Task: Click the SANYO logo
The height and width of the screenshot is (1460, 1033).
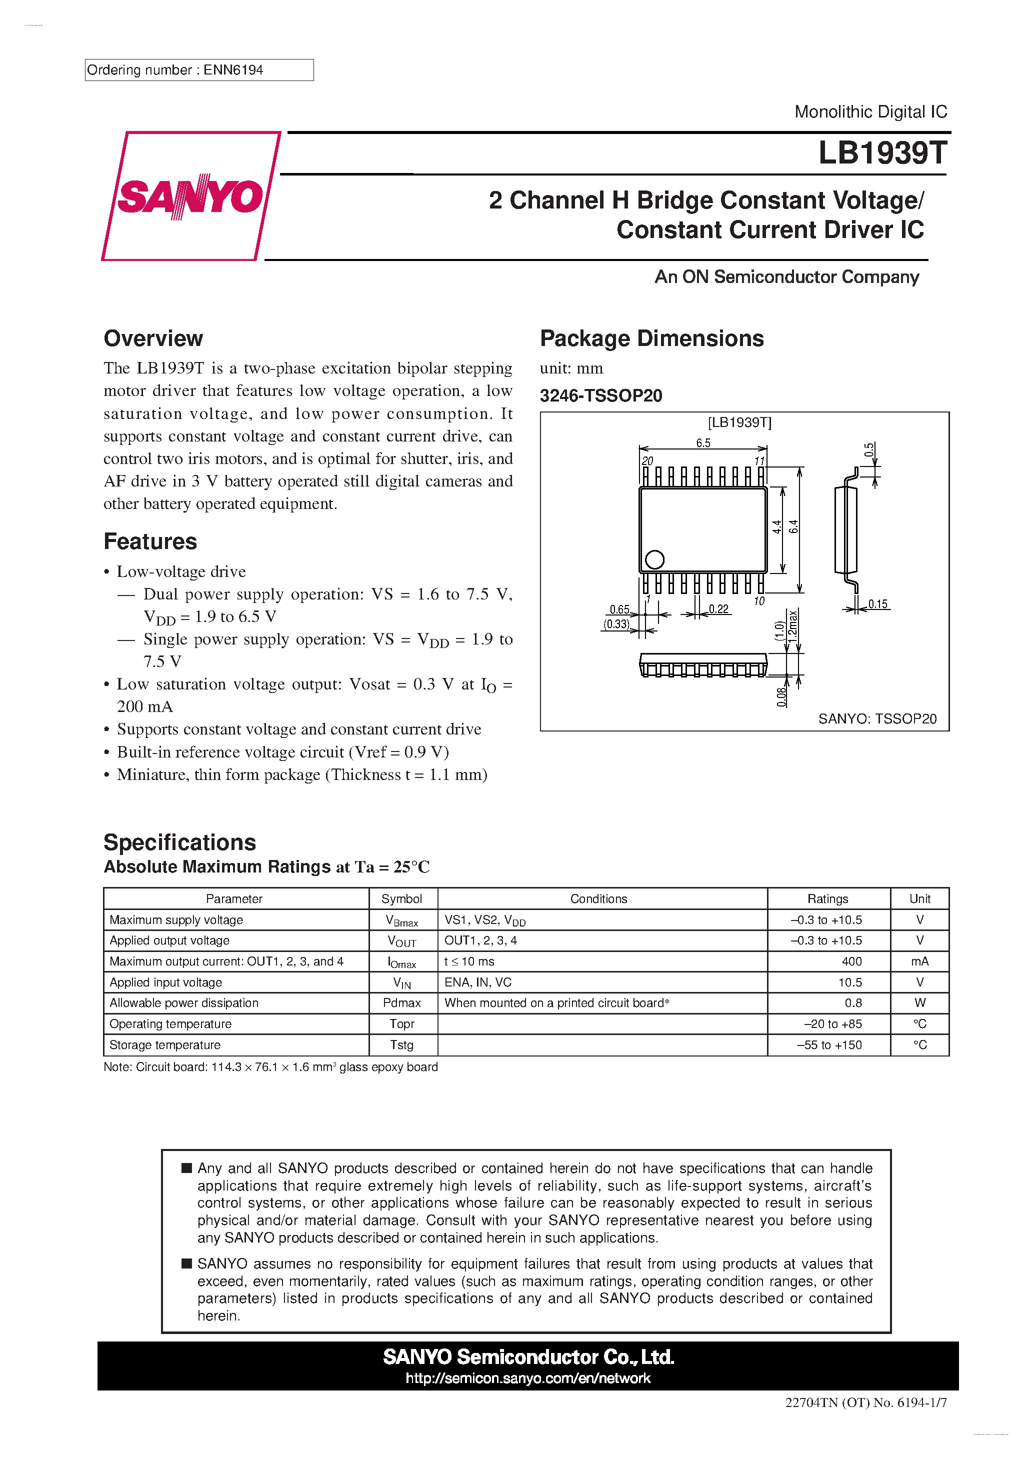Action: tap(190, 196)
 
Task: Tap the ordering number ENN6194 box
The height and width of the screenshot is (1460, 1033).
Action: tap(198, 70)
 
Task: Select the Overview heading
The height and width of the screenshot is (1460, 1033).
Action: tap(153, 338)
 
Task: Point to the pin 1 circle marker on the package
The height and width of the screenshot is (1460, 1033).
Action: tap(654, 559)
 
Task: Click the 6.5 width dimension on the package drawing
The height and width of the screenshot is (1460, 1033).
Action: tap(703, 442)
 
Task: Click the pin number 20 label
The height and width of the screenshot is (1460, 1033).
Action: tap(647, 460)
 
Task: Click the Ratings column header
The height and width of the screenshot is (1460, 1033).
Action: tap(827, 898)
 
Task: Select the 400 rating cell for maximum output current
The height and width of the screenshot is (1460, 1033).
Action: tap(851, 961)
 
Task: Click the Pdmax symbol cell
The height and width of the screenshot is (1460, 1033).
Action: tap(401, 1003)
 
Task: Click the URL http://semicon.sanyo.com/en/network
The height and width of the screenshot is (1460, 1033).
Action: tap(527, 1378)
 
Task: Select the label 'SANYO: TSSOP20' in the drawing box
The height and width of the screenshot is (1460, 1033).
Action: tap(876, 718)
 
